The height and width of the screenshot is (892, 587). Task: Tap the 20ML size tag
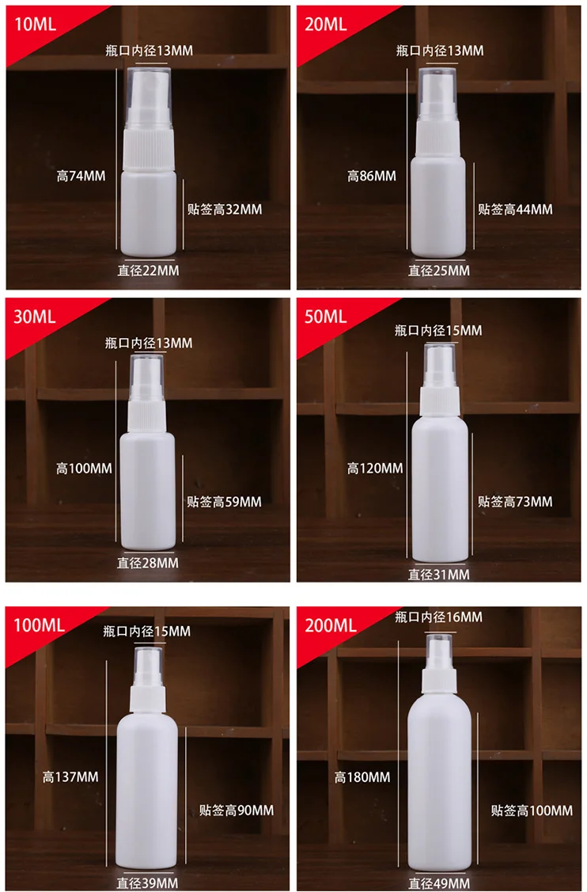(x=326, y=24)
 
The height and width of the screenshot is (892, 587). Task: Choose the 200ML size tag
(x=331, y=625)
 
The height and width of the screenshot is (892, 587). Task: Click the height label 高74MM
(x=81, y=177)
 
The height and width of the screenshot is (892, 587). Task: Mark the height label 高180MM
(x=362, y=777)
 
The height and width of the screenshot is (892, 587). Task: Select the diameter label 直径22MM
(x=149, y=271)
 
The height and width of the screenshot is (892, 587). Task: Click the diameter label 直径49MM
(x=439, y=883)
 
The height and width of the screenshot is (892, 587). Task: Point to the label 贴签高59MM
(x=225, y=502)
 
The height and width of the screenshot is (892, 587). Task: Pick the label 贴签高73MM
(x=516, y=502)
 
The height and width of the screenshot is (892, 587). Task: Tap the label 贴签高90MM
(x=237, y=810)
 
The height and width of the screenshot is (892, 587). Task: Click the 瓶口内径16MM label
(x=439, y=617)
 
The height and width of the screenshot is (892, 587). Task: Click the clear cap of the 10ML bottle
(x=148, y=82)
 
